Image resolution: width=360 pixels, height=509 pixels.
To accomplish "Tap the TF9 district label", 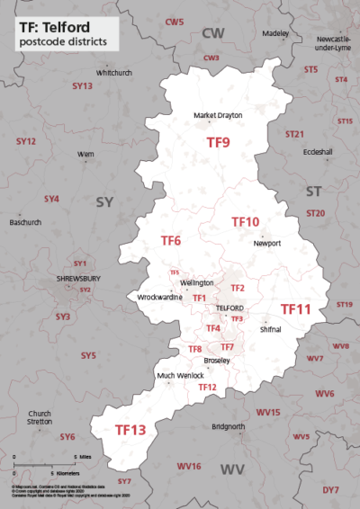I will (x=218, y=142).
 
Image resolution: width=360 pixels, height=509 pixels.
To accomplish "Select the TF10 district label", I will (x=245, y=221).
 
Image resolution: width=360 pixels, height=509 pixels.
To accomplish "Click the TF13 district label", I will (x=130, y=431).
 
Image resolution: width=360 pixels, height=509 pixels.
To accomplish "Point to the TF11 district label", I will (x=295, y=308).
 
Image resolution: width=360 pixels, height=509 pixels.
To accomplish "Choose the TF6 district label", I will (x=171, y=241).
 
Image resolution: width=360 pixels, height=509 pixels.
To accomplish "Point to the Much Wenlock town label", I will (x=155, y=375).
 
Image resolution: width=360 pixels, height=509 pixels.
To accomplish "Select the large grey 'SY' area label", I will (x=104, y=203).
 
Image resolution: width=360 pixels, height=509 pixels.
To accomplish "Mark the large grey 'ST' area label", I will (x=313, y=192).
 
